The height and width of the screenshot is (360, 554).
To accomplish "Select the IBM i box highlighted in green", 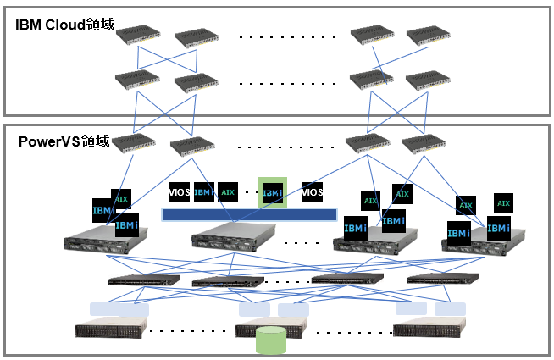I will pyautogui.click(x=273, y=192).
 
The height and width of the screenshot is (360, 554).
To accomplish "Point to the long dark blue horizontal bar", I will pyautogui.click(x=249, y=214).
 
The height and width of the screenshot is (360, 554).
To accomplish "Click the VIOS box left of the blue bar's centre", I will pyautogui.click(x=180, y=192).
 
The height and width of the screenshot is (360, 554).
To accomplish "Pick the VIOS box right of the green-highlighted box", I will pyautogui.click(x=313, y=192).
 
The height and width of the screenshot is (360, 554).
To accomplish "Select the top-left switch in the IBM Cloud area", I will pyautogui.click(x=138, y=36).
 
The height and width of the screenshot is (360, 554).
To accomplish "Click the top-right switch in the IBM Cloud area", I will pyautogui.click(x=428, y=36).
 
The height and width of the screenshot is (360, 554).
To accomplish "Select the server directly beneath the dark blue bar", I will pyautogui.click(x=227, y=239).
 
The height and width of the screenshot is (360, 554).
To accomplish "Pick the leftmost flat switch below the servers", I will pyautogui.click(x=144, y=280).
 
